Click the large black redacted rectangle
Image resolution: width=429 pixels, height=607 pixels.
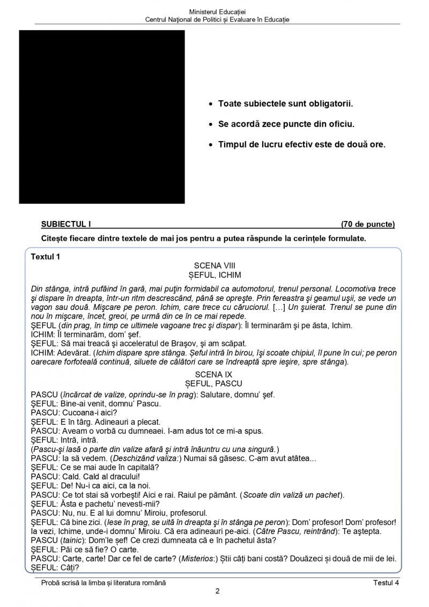[x=102, y=117]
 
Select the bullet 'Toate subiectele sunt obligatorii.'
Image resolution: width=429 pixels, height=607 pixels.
[x=285, y=103]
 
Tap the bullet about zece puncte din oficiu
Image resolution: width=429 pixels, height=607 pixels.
[x=286, y=124]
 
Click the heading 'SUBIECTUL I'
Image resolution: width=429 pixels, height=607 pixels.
[x=63, y=224]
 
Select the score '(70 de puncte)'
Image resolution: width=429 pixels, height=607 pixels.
[x=367, y=224]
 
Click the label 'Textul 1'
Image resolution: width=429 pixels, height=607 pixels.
[x=46, y=256]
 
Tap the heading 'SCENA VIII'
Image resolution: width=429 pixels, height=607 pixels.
[x=214, y=265]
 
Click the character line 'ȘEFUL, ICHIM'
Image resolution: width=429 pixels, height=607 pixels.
[x=214, y=274]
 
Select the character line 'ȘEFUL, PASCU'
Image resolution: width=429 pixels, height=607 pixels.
[x=214, y=383]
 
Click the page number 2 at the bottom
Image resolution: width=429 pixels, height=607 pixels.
[x=217, y=591]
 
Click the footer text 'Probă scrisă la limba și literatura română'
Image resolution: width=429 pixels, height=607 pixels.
[x=103, y=583]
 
